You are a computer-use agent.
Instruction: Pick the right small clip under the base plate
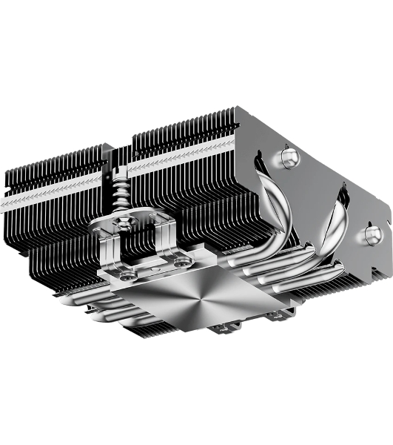(x=275, y=316)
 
